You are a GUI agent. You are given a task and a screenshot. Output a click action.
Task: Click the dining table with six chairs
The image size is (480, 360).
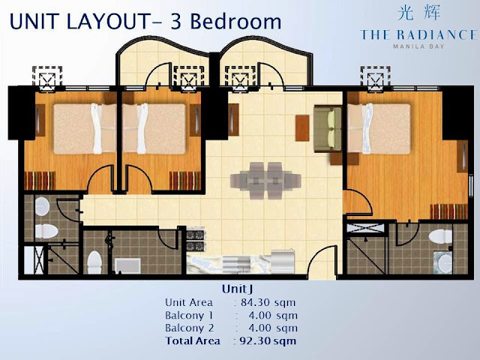pos(265,181)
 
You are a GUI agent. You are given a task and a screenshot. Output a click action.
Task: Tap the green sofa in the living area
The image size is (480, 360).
pos(328,128)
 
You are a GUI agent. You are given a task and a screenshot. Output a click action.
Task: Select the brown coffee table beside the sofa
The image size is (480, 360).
pos(302,128)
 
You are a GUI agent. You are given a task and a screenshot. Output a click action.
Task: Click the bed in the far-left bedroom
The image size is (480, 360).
pos(85,128)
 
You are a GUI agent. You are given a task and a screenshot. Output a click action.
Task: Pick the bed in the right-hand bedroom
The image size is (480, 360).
pos(379,128)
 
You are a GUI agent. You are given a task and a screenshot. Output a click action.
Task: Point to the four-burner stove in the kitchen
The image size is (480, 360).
pos(195,241)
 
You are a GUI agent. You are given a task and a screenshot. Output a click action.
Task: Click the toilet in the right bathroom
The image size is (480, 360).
pos(440,237)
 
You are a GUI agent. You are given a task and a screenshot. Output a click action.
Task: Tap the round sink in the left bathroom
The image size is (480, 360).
pos(42,205)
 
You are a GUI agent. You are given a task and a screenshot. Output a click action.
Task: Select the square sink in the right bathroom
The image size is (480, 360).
pos(442,262)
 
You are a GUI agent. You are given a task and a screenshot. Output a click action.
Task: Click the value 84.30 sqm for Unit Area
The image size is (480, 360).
pos(268,302)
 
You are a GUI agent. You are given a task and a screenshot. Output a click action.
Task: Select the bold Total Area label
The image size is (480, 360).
pos(193,340)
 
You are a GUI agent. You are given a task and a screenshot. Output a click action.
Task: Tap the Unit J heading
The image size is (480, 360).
pos(238,289)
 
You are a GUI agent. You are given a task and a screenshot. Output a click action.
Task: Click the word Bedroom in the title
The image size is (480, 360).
pos(235,22)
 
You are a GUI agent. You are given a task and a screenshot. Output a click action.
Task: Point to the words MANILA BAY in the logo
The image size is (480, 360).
pos(418,46)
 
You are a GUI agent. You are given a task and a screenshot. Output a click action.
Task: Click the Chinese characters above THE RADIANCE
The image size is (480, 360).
pos(418,13)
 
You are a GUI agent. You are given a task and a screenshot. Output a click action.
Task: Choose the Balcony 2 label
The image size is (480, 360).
pos(189,328)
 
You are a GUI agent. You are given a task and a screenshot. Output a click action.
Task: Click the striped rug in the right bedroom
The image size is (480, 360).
pos(448,211)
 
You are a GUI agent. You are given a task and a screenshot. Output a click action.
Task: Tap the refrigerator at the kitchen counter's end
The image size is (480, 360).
pos(283,261)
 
